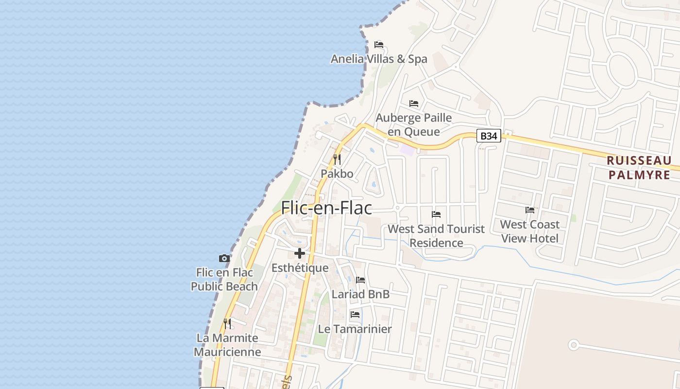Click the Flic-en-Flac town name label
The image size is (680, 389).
(x=326, y=208)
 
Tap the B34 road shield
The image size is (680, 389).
(x=488, y=136)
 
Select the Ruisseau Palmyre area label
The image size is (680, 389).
(x=639, y=167)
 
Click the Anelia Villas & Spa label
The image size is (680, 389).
(x=379, y=59)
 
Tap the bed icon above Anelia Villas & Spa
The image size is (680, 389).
(x=379, y=45)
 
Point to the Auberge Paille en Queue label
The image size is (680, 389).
(x=414, y=124)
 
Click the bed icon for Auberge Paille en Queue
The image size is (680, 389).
(x=414, y=104)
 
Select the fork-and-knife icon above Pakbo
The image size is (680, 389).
(x=337, y=159)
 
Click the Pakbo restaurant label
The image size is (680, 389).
(x=337, y=174)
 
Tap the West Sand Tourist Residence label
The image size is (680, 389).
(x=436, y=235)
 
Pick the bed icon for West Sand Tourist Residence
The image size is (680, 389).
(x=436, y=214)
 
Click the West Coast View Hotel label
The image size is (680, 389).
(x=530, y=231)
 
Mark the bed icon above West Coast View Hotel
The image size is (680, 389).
(x=530, y=210)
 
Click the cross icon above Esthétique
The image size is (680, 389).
(x=300, y=253)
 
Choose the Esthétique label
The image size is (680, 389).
(x=300, y=268)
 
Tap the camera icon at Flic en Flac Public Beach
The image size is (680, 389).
(x=224, y=258)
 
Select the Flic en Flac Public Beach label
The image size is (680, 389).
(x=224, y=279)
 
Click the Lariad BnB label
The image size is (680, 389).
(x=360, y=294)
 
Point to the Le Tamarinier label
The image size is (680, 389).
(x=355, y=329)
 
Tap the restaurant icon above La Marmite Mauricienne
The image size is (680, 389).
(x=227, y=323)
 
